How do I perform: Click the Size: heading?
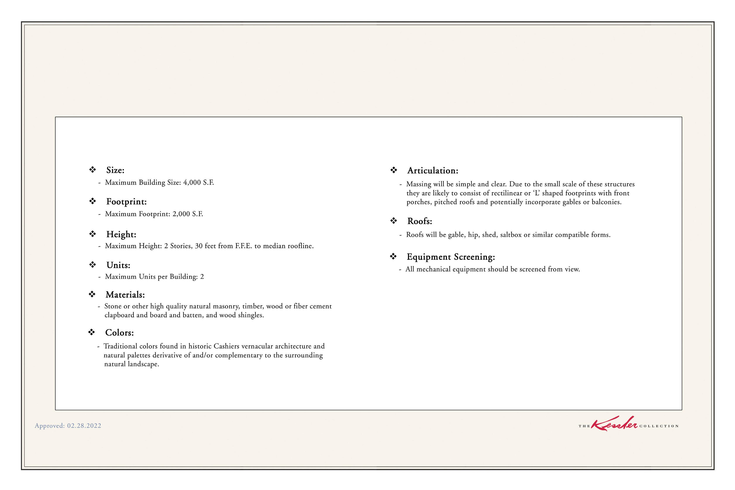[x=115, y=170]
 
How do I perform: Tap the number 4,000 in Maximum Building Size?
[x=192, y=182]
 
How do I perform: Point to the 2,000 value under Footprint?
[x=181, y=214]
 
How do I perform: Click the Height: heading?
[x=121, y=235]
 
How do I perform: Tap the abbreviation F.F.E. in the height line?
[x=243, y=246]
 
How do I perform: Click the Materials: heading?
[x=125, y=295]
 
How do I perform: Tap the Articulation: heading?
[x=432, y=171]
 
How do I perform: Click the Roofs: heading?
[x=419, y=222]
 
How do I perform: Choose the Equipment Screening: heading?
[x=451, y=257]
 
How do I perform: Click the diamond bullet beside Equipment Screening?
[x=393, y=256]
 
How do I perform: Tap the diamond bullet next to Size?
[x=93, y=170]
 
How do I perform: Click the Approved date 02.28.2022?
[x=84, y=426]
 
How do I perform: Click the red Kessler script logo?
[x=614, y=424]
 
